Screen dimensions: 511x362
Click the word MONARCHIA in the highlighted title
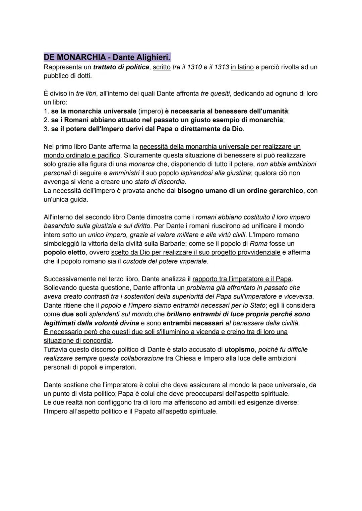(81, 57)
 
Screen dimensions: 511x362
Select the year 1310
(194, 67)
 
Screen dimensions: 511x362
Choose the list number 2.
(46, 120)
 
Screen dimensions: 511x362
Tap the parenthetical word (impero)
(150, 111)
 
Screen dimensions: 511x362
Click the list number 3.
(46, 129)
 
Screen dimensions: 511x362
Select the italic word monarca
(141, 164)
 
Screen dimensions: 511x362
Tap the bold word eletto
(75, 252)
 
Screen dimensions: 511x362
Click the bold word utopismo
(239, 349)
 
